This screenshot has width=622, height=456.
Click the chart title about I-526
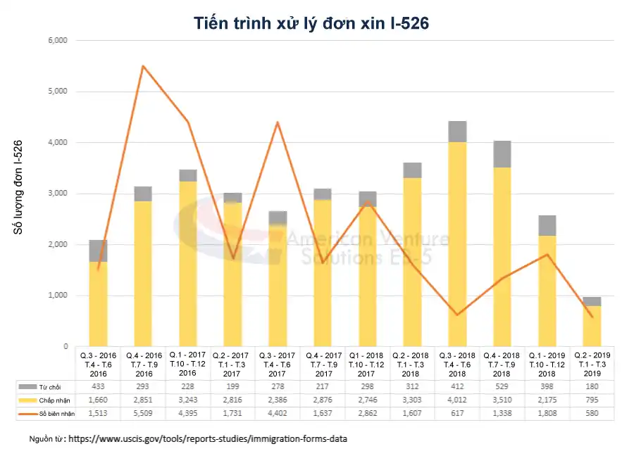point(311,23)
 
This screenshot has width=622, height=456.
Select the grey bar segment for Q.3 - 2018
point(456,132)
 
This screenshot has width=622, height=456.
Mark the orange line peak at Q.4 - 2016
point(143,66)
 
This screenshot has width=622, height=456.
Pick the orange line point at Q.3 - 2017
point(278,122)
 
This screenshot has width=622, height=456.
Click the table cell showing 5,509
point(143,413)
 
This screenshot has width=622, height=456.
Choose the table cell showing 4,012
point(456,400)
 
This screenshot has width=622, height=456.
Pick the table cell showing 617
point(456,413)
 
